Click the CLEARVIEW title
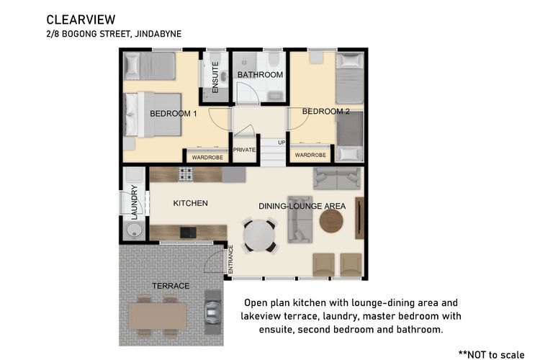[81, 20]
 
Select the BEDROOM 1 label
[174, 114]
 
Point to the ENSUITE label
[215, 77]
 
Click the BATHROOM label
[260, 75]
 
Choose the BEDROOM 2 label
[325, 112]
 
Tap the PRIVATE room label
[244, 150]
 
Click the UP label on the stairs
[282, 143]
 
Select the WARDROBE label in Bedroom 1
[207, 158]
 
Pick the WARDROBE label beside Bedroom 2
[310, 155]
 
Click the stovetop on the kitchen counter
[186, 174]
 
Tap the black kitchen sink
[189, 233]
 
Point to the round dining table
[259, 235]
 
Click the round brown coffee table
[331, 221]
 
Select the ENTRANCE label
[230, 259]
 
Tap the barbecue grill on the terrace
[212, 312]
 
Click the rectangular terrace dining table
[158, 315]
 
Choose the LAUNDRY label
[135, 202]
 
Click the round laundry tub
[135, 230]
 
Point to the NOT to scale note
[492, 354]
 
